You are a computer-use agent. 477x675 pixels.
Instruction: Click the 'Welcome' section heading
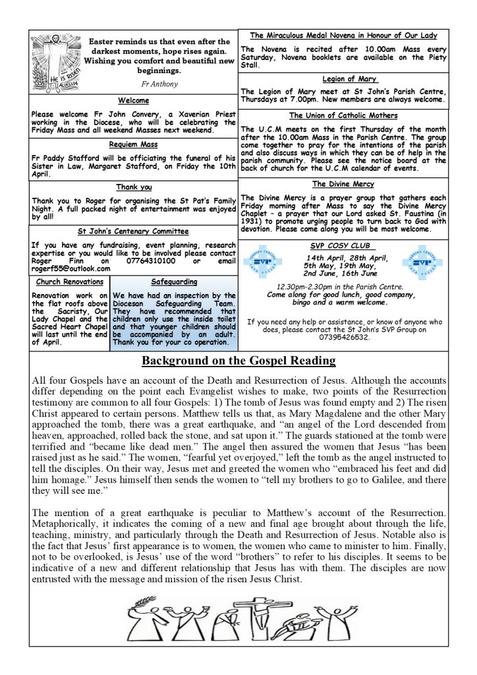click(x=134, y=101)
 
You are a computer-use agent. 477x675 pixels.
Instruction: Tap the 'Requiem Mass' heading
click(x=134, y=143)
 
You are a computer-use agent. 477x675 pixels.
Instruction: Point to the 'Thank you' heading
click(x=134, y=187)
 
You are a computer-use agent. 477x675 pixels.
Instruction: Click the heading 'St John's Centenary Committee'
click(x=134, y=231)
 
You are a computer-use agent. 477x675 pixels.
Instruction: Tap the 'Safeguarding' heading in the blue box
click(x=174, y=282)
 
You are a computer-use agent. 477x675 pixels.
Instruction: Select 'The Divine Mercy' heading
click(x=343, y=184)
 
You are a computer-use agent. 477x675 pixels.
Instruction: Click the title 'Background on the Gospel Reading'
click(x=239, y=361)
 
